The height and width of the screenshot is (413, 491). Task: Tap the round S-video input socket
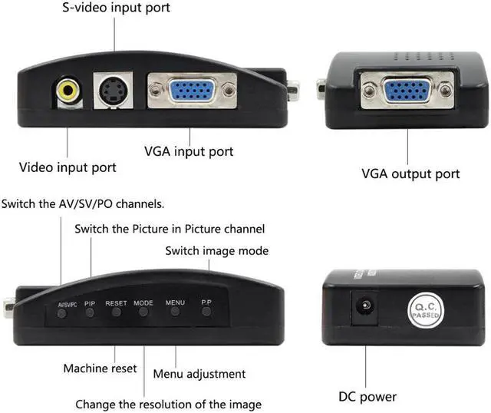pyautogui.click(x=112, y=90)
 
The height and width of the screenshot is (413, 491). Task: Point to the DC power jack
pyautogui.click(x=364, y=307)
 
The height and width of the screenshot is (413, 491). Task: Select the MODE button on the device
pyautogui.click(x=143, y=312)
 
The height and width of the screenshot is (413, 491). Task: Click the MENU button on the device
pyautogui.click(x=176, y=311)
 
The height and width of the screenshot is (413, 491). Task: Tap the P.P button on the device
pyautogui.click(x=206, y=311)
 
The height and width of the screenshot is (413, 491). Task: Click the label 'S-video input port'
pyautogui.click(x=115, y=8)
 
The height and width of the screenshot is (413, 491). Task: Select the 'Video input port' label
pyautogui.click(x=68, y=167)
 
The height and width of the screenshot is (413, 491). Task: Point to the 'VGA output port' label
pyautogui.click(x=411, y=173)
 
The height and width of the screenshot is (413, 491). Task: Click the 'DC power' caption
pyautogui.click(x=368, y=397)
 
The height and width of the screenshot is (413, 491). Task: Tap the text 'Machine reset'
pyautogui.click(x=101, y=368)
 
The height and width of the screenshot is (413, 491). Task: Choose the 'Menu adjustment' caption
pyautogui.click(x=199, y=374)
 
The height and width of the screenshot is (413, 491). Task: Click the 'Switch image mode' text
pyautogui.click(x=217, y=251)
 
